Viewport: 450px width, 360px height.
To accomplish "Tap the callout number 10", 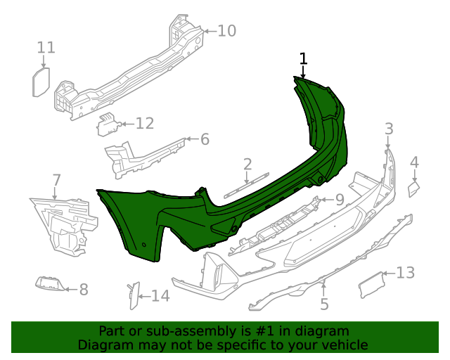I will coord(226,31).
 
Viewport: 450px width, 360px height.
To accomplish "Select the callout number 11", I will coord(46,48).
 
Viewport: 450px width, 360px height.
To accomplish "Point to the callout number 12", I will coord(144,124).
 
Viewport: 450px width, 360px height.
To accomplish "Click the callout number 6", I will coord(205,139).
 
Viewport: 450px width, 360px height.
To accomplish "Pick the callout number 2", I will coord(247,165).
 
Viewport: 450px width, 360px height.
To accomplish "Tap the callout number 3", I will coord(389,129).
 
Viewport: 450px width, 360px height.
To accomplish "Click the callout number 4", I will coord(414,162).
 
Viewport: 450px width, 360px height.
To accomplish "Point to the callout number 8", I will coord(83,289).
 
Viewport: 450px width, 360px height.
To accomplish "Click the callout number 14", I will coord(160,296).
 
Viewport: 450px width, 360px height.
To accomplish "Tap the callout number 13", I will coord(406,273).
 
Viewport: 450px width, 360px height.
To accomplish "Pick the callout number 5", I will coord(324,304).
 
